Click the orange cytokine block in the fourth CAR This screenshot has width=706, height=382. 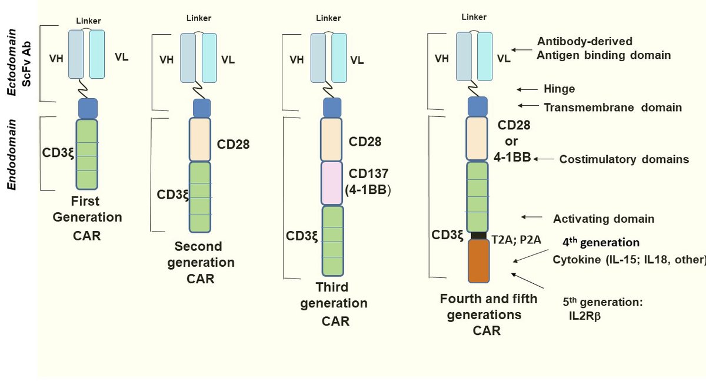478,261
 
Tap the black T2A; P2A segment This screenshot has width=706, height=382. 479,235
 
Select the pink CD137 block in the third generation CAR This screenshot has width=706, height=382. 332,183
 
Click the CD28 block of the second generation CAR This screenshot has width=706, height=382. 200,139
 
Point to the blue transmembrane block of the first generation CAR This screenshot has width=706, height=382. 88,108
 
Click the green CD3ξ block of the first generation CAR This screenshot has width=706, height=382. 86,155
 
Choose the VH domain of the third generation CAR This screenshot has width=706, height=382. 318,58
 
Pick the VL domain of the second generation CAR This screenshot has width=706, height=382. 209,58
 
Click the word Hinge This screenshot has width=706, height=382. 559,89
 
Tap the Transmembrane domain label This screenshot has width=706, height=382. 612,108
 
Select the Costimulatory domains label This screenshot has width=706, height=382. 624,159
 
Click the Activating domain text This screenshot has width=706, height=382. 604,219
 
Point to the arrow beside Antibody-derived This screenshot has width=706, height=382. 522,50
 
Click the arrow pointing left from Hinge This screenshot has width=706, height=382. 527,90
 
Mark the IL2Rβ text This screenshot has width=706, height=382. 585,316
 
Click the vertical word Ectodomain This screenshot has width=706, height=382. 12,62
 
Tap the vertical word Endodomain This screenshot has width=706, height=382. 12,155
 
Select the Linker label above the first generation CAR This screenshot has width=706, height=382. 89,21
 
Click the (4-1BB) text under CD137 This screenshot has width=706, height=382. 368,190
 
